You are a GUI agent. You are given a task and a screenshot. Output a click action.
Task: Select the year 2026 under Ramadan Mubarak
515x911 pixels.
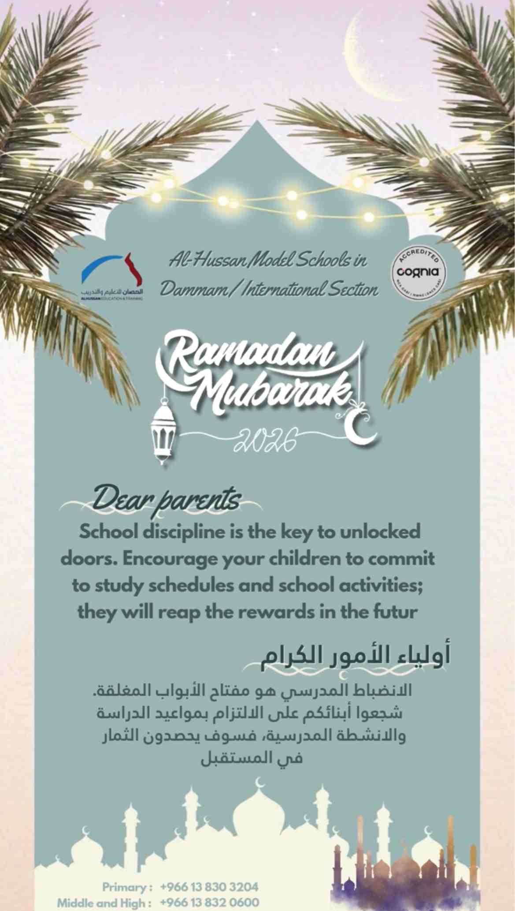pyautogui.click(x=262, y=440)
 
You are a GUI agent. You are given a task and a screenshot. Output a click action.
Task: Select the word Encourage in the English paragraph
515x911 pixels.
pyautogui.click(x=167, y=559)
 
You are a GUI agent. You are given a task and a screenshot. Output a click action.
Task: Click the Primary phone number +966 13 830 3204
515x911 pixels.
pyautogui.click(x=209, y=887)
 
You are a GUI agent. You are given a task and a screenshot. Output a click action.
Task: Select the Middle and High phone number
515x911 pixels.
pyautogui.click(x=209, y=902)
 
